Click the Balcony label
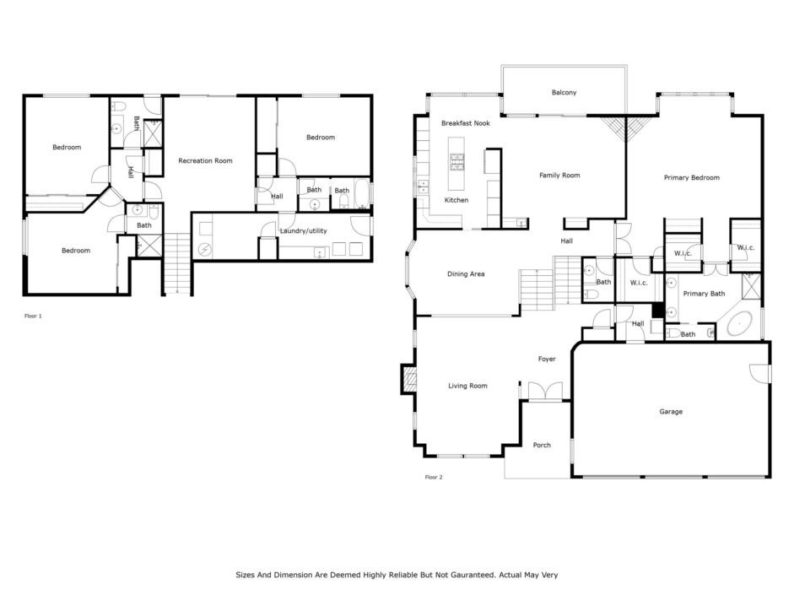[564, 93]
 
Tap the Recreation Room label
[205, 160]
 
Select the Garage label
[671, 412]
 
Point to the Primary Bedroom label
[691, 178]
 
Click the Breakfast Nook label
[466, 123]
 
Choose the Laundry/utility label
[303, 231]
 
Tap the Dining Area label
[466, 274]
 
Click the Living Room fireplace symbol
[409, 379]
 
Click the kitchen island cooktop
[456, 163]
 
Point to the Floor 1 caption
[33, 316]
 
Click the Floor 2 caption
[434, 477]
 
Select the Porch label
[542, 445]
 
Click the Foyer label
[547, 359]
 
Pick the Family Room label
[559, 176]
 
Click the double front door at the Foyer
[545, 392]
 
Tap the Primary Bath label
[704, 294]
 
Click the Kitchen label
[456, 200]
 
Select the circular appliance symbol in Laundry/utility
[205, 250]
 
